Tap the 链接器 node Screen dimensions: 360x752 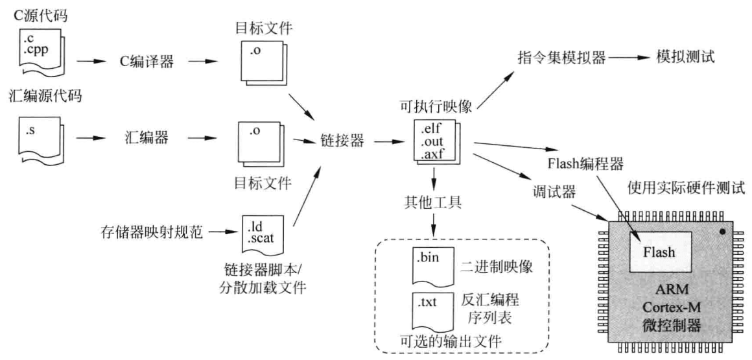(x=342, y=139)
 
